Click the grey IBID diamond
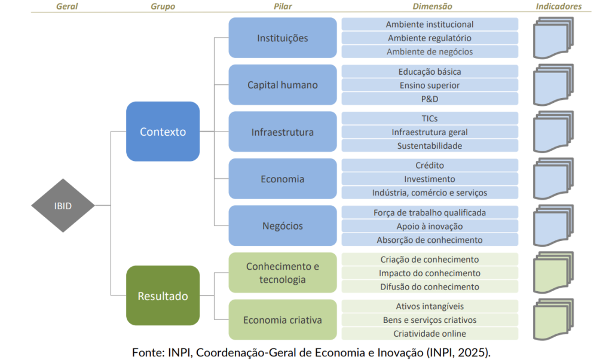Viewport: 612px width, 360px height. [x=63, y=206]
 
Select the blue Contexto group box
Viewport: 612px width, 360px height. [x=163, y=132]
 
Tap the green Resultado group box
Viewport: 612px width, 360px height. [x=163, y=295]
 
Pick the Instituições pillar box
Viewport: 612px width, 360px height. [x=283, y=38]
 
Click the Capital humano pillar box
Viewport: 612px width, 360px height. [x=283, y=85]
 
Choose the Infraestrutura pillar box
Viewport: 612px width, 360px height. [x=283, y=132]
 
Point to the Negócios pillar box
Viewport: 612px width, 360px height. [x=283, y=226]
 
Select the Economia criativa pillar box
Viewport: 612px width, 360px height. [x=283, y=320]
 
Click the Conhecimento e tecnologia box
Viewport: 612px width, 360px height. [x=283, y=273]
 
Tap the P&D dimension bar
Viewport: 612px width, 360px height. [x=430, y=99]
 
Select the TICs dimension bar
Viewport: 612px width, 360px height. [x=430, y=118]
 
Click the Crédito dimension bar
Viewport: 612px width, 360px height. [x=430, y=165]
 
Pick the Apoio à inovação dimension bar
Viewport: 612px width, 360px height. [x=430, y=226]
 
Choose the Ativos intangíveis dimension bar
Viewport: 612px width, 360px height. [x=430, y=306]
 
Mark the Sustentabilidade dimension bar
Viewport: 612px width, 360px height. [x=430, y=145]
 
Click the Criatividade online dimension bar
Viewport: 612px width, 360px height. [x=430, y=333]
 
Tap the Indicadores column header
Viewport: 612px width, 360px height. [x=558, y=7]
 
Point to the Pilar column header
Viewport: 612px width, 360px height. [x=283, y=7]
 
